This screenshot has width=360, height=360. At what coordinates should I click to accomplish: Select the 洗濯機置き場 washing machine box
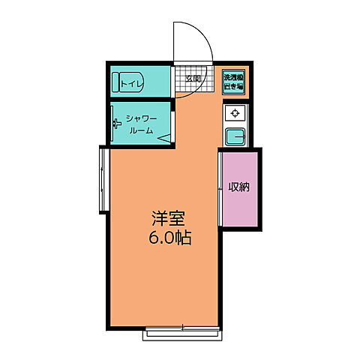pos(234,80)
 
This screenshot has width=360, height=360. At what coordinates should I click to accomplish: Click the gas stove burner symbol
pos(235,113)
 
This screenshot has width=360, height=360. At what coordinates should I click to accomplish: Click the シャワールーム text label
pos(140,124)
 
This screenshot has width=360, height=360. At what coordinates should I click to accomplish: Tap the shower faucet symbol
pos(115,124)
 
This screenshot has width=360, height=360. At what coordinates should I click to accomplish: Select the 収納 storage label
pos(239,187)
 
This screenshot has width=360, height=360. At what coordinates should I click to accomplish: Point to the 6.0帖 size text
pos(169,240)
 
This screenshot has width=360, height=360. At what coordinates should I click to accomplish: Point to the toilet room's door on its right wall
pos(173,81)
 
